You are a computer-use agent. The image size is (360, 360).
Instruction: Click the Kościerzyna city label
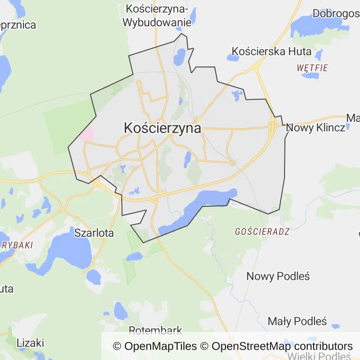coord(162,128)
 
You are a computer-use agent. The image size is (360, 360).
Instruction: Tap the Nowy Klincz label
coord(315,127)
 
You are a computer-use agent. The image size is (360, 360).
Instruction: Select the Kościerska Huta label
coord(265,51)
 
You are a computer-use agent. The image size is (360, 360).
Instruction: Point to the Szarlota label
coord(94,232)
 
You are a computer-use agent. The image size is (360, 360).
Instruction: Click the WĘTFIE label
coord(312,68)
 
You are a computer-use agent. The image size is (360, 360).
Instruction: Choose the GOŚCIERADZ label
coord(262,231)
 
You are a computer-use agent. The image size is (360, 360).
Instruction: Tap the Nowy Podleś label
coord(278,276)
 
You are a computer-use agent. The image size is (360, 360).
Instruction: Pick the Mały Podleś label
coord(297,321)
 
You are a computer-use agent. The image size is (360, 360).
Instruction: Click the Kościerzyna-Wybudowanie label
coord(157,15)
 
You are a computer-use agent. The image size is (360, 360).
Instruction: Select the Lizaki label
coord(30,343)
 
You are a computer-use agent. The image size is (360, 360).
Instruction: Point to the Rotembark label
coord(155,330)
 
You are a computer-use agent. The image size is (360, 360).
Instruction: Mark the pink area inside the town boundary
coord(87,133)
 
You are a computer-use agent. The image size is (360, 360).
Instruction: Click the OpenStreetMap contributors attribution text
coord(281,346)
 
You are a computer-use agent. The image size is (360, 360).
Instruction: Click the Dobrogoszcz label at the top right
coord(336,14)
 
